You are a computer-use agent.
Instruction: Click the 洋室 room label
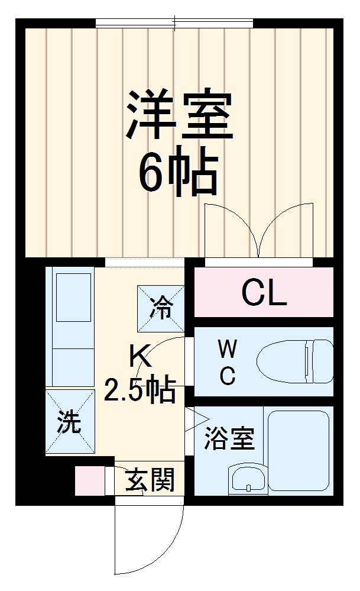tap(177, 114)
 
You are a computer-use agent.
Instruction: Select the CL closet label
tap(264, 293)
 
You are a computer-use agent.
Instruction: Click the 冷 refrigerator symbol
tap(160, 308)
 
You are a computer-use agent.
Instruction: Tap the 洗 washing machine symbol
tap(70, 422)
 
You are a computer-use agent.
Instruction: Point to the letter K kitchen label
tap(141, 358)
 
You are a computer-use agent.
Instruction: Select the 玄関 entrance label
tap(150, 480)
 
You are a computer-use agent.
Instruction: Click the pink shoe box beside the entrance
tap(89, 480)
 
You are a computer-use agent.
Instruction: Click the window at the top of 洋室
tap(175, 23)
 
